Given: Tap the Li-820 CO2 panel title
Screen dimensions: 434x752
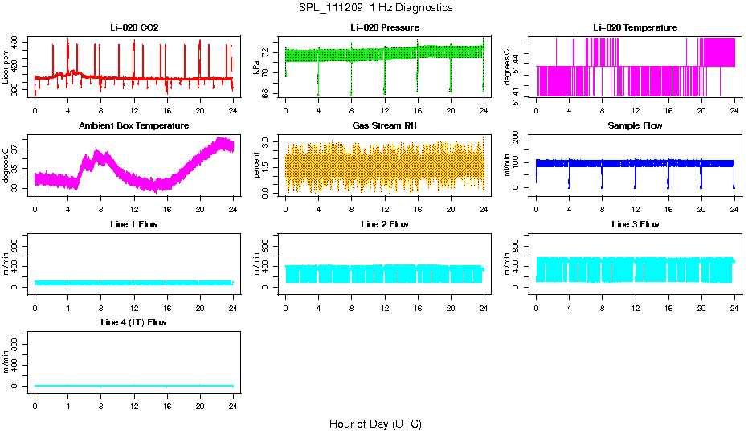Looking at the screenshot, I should [134, 28].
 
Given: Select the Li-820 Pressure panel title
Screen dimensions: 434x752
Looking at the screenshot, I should [385, 28].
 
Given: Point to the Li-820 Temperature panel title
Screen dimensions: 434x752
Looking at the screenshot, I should [635, 28].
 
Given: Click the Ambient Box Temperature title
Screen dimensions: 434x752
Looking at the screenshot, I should [134, 126].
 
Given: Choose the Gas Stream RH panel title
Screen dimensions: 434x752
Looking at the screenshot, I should [385, 126].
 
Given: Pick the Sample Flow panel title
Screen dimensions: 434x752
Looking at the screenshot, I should [635, 126].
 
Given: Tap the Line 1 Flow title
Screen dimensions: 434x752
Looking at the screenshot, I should [134, 224].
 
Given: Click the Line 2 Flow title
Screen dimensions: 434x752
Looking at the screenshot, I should [385, 224].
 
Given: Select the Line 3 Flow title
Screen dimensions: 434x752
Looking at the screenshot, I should [635, 224].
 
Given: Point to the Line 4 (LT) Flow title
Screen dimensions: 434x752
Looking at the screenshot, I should [134, 322].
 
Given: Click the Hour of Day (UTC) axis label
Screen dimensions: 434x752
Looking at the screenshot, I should [375, 424].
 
